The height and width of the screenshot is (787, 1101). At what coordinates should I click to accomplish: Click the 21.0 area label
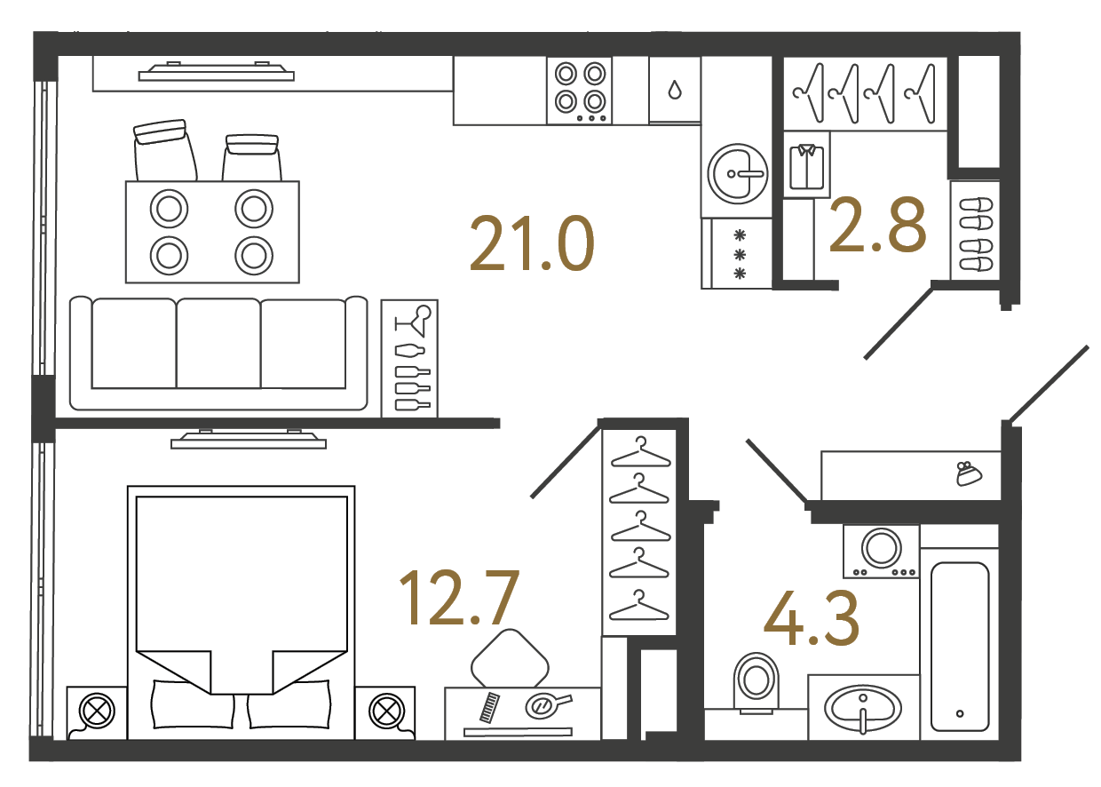tap(532, 243)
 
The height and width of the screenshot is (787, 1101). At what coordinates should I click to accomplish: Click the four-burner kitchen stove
tap(580, 91)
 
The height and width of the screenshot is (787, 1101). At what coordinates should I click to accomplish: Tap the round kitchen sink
tap(737, 173)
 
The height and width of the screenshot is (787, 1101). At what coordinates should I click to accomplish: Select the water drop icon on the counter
tap(675, 90)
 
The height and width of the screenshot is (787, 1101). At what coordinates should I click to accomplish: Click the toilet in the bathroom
tap(756, 683)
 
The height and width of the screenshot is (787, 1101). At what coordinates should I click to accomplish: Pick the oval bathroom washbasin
tap(863, 708)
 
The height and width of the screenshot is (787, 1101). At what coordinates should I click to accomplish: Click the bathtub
tap(960, 647)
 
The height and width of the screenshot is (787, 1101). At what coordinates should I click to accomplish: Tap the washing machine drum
tap(882, 547)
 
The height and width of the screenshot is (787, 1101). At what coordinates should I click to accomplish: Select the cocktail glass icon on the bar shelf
tap(413, 321)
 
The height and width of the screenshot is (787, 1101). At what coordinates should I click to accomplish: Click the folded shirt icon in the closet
tap(806, 167)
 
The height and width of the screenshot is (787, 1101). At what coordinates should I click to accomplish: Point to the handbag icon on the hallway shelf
tap(969, 473)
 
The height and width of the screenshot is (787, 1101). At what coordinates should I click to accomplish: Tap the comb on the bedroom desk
tap(490, 707)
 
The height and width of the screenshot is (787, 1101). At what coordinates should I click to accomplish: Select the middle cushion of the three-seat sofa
tap(218, 343)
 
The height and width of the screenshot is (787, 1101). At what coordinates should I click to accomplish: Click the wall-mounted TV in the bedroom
tap(249, 439)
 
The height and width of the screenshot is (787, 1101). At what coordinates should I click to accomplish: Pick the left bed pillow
tap(193, 704)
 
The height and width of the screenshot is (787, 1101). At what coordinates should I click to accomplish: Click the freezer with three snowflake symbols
tap(736, 254)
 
